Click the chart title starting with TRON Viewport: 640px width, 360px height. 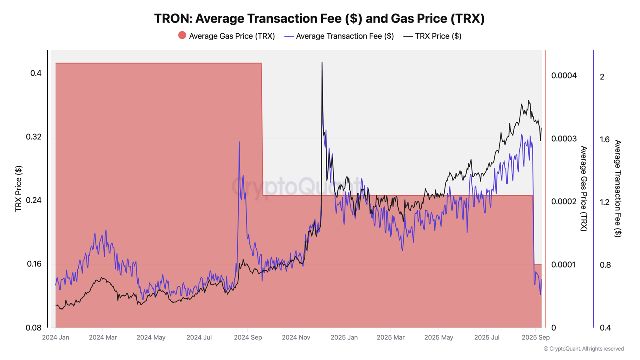[319, 18]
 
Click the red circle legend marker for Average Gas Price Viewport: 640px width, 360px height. [182, 35]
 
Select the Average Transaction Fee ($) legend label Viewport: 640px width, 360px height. [345, 36]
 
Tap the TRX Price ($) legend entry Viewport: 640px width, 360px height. [438, 36]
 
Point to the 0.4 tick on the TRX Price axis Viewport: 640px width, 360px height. [36, 73]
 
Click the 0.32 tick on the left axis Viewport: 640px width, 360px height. [34, 137]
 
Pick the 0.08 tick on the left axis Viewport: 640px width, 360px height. [34, 328]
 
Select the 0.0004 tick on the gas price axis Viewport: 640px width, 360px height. [564, 76]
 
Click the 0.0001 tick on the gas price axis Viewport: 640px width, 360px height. [564, 265]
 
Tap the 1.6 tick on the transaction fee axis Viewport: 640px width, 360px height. [605, 139]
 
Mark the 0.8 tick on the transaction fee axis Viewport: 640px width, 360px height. [605, 265]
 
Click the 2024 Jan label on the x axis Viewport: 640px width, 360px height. [55, 338]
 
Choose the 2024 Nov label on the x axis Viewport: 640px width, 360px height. [296, 338]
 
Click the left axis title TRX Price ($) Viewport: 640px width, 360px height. [19, 189]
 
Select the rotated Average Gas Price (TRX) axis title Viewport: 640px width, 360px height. [583, 189]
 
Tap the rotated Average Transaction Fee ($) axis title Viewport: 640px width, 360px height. [618, 189]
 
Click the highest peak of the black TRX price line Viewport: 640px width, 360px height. [322, 63]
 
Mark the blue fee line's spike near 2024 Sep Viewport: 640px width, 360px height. [239, 142]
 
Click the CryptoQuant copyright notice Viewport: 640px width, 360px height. [583, 349]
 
